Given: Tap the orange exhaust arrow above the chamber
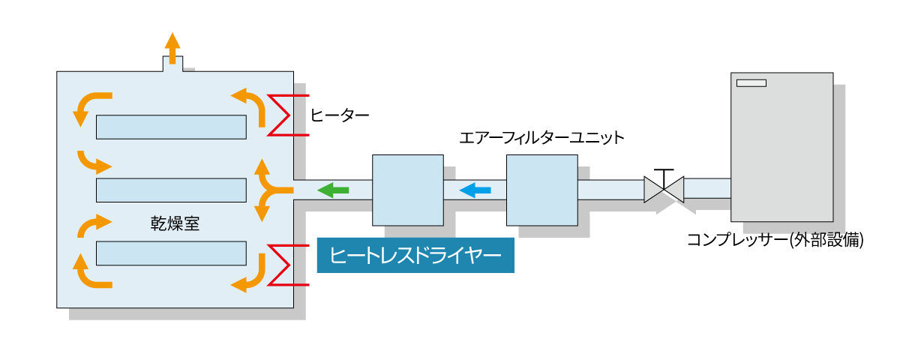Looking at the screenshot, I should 172,48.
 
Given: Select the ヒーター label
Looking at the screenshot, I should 340,115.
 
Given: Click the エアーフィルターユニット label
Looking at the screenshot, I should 541,138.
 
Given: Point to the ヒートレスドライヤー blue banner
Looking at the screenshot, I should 415,256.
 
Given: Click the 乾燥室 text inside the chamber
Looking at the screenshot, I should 175,223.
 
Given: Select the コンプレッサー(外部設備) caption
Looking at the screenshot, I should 776,241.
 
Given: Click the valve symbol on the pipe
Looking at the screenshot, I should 664,188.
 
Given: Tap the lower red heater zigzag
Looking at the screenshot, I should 284,265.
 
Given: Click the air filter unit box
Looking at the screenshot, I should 541,190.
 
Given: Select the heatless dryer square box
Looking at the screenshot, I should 407,190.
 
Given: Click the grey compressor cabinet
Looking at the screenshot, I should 781,146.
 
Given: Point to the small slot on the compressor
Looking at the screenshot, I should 751,82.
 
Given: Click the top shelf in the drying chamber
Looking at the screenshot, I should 171,127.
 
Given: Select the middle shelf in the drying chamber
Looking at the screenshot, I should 171,190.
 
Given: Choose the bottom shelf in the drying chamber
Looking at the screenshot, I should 171,253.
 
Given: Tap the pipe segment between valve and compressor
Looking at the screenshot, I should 707,187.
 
